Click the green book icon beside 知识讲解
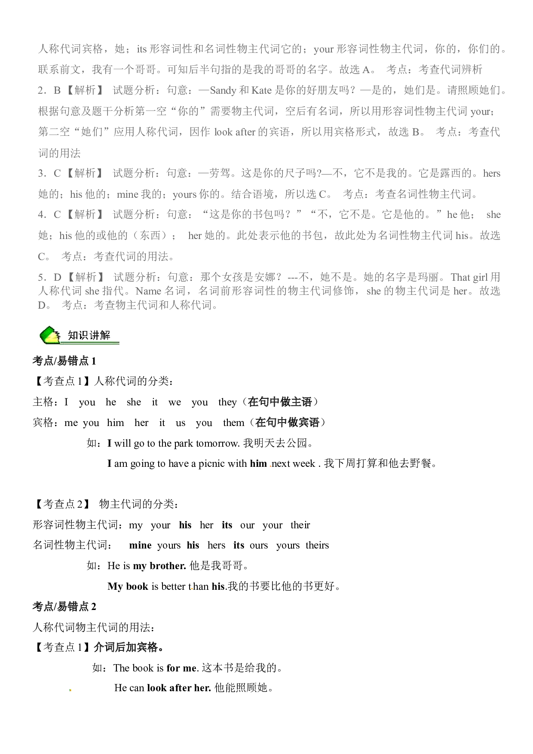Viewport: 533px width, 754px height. point(50,335)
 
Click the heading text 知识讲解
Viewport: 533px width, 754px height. point(89,335)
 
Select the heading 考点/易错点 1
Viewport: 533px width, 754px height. point(64,361)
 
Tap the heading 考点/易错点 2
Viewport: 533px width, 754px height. point(64,607)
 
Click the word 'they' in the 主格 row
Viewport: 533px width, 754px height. point(227,402)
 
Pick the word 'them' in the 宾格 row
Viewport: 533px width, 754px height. point(233,423)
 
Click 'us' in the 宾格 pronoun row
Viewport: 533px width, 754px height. point(181,423)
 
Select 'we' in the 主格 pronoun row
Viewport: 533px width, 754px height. point(175,402)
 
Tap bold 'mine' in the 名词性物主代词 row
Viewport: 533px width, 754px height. point(140,545)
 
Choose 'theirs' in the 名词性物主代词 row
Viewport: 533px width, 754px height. point(317,545)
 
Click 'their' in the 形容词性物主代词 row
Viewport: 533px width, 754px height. point(300,525)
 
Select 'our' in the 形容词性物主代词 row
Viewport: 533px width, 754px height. point(247,525)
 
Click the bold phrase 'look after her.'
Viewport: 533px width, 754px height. point(179,688)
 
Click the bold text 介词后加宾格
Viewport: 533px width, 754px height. point(129,647)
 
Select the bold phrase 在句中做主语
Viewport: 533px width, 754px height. point(280,402)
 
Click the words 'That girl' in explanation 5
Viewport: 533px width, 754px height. point(469,277)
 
